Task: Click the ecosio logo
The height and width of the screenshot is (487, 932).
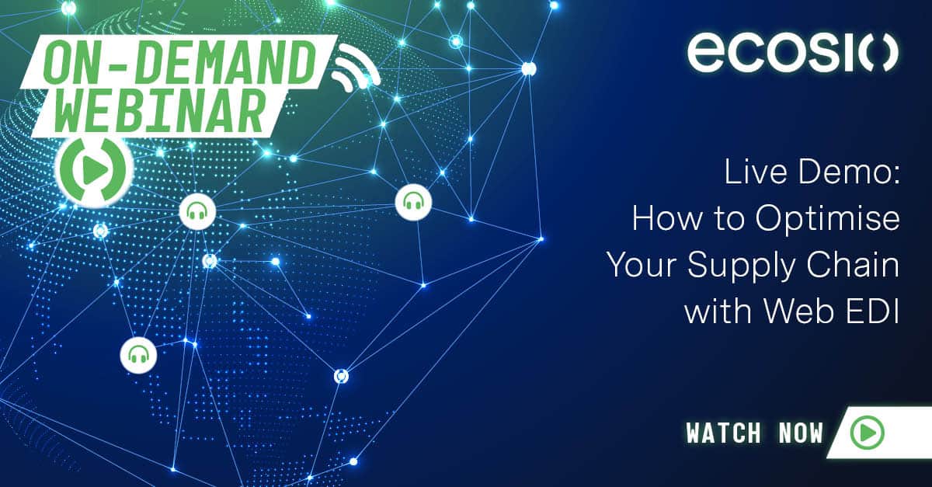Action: [792, 53]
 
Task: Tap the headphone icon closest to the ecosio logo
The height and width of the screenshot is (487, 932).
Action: [413, 203]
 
